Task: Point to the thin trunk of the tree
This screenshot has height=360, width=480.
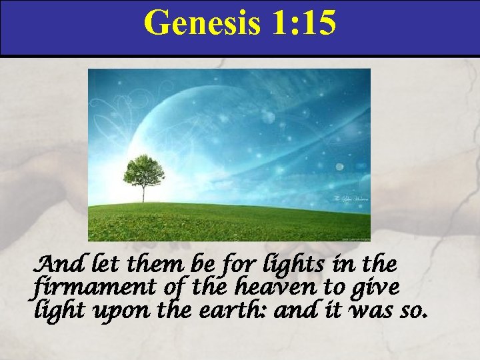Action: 143,193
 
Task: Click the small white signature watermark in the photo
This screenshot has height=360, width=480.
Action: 346,200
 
